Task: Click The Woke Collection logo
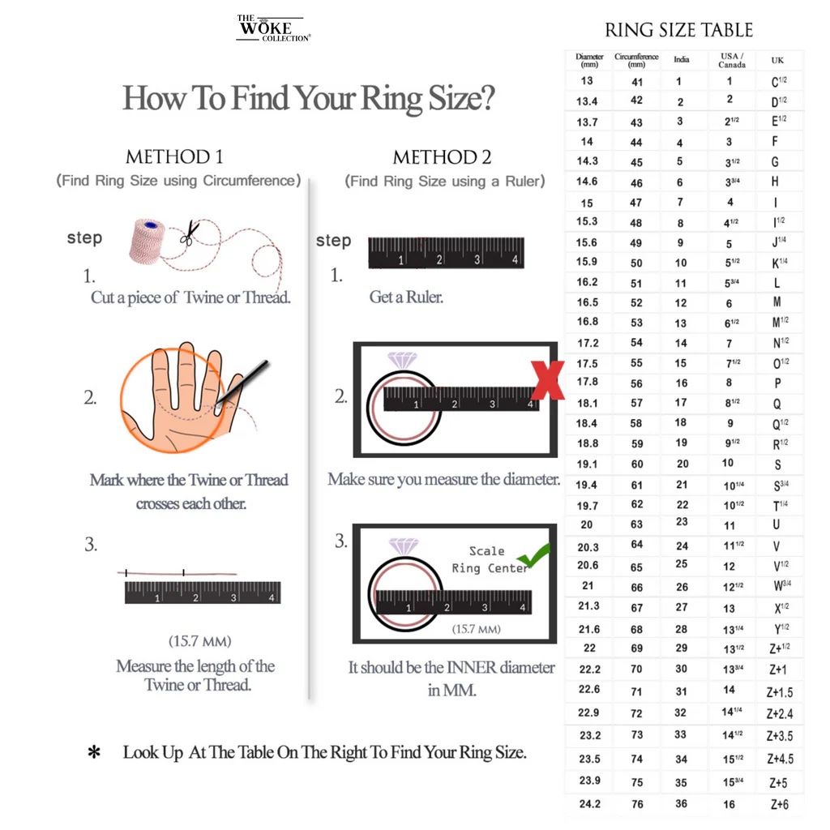tap(272, 28)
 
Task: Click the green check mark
tap(534, 555)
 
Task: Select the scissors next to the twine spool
tap(189, 233)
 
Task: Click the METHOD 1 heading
tap(174, 156)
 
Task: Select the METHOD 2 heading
tap(442, 157)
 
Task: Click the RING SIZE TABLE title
tap(678, 31)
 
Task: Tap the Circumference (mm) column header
tap(636, 60)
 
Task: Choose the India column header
tap(682, 59)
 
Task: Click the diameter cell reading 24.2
tap(589, 803)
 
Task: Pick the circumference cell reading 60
tap(637, 464)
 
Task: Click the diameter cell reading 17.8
tap(587, 382)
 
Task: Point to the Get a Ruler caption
tap(406, 297)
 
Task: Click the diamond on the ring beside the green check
tap(403, 546)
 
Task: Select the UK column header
tap(777, 60)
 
